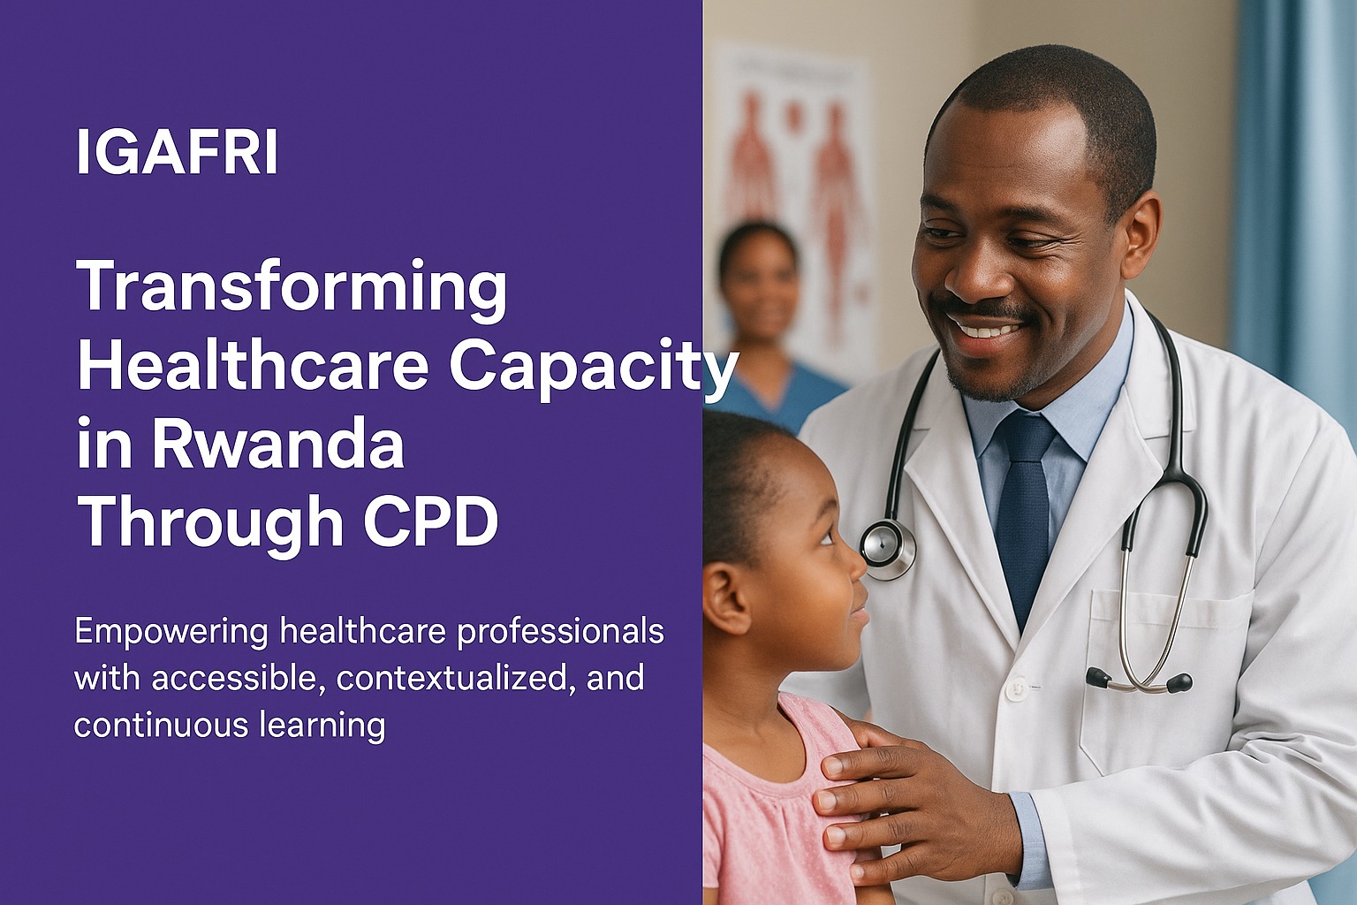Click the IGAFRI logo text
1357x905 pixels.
[177, 151]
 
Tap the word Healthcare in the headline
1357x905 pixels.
[254, 365]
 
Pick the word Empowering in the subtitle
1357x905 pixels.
[171, 633]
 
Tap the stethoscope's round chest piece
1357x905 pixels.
[888, 548]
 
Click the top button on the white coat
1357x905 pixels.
[1019, 688]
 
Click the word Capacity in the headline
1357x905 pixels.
[593, 368]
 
